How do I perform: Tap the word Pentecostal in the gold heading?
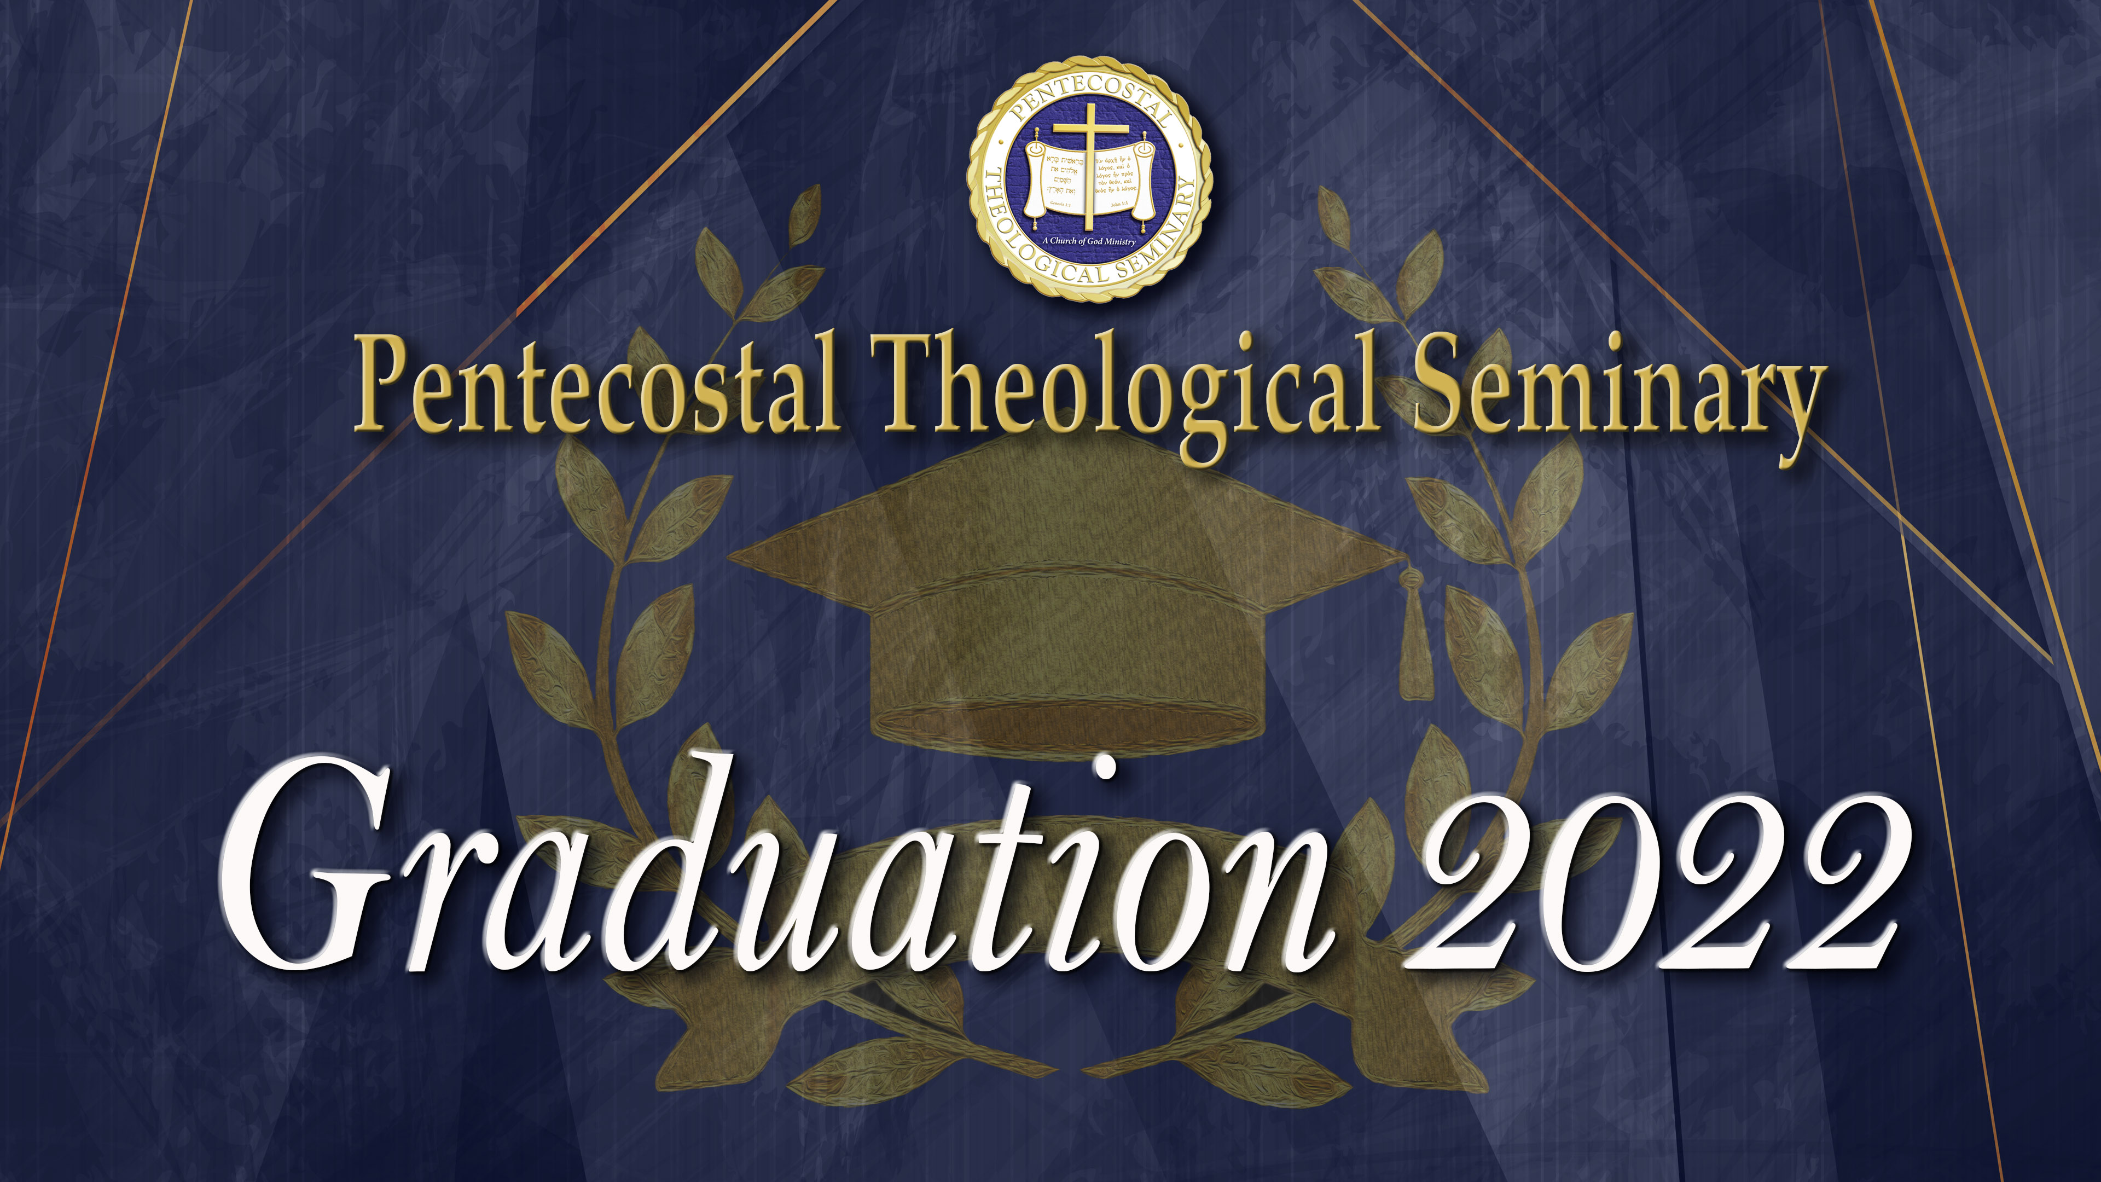tap(595, 384)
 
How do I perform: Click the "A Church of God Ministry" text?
tap(1089, 241)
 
